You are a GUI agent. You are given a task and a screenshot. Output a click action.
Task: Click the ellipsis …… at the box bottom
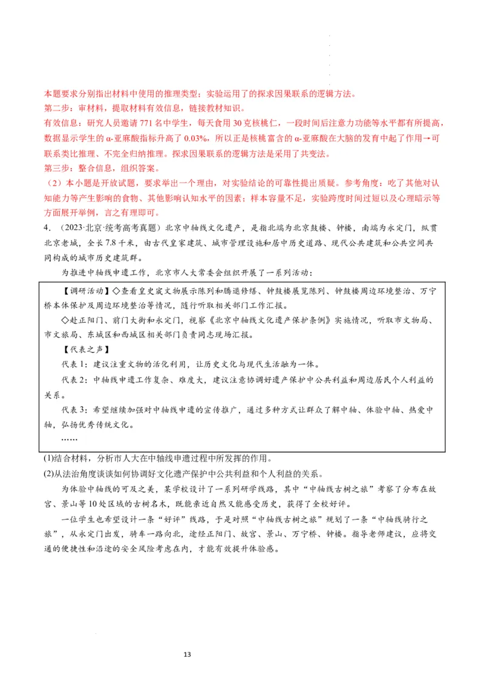coord(71,439)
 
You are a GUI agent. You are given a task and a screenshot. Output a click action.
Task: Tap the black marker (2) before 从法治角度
coord(49,473)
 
